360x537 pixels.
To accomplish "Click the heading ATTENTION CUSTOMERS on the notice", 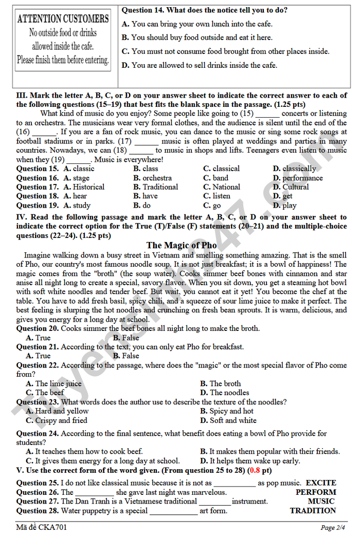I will tap(63, 19).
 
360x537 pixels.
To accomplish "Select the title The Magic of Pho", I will tap(182, 245).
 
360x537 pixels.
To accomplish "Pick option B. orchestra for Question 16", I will tap(152, 178).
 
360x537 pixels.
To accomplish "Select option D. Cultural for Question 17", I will tap(291, 187).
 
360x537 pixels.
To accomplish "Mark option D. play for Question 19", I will tap(284, 205).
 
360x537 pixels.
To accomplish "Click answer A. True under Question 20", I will tap(38, 338).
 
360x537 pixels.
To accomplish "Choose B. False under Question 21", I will tap(126, 356).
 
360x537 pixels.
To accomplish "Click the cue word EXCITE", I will tap(320, 483).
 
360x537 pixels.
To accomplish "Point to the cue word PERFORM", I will tap(315, 492).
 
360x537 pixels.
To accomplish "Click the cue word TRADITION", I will tap(313, 511).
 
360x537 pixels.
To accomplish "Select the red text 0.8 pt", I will tap(259, 470).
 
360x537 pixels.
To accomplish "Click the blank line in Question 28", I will tap(173, 512).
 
